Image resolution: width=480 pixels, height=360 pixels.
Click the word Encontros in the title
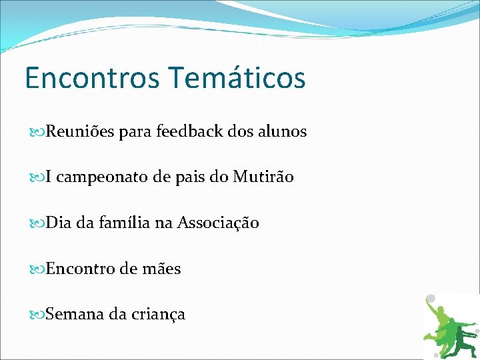tap(92, 77)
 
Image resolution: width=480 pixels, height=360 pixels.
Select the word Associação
tap(218, 223)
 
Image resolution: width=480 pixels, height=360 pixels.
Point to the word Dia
tap(58, 223)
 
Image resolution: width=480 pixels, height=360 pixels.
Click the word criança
tap(159, 314)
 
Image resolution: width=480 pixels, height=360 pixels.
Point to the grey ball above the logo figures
tap(431, 299)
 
